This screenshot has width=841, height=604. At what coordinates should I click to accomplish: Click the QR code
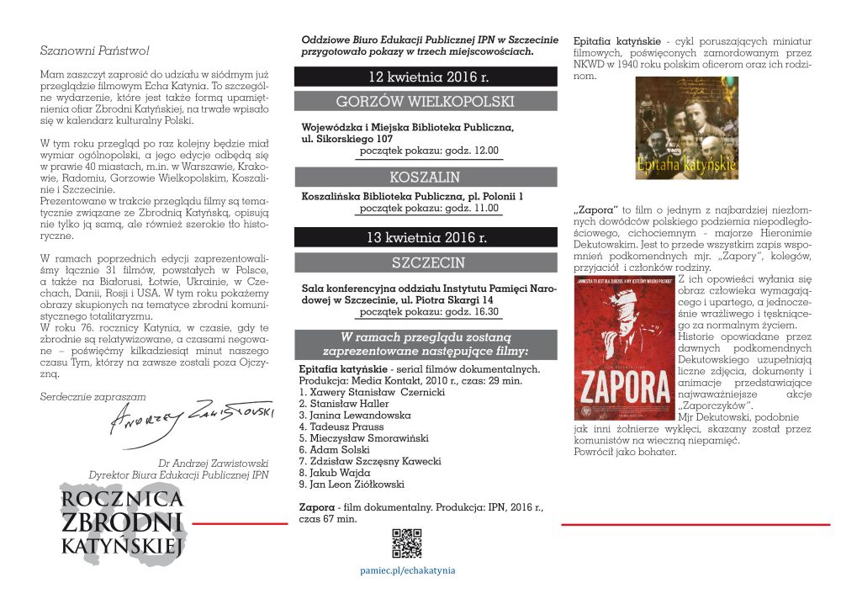(x=407, y=543)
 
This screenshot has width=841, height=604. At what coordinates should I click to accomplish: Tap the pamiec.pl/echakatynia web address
(x=408, y=570)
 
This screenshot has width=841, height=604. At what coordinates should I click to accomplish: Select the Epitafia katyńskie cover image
(x=686, y=128)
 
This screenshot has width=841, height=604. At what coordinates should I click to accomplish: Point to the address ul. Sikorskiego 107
(x=341, y=139)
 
